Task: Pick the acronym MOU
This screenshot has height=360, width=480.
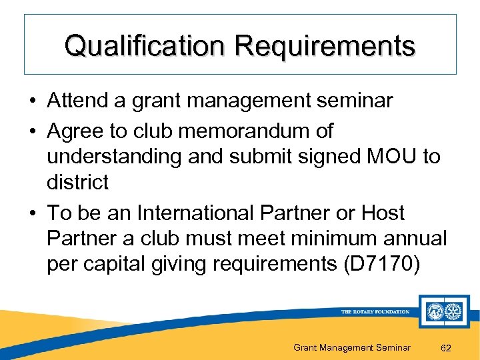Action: [388, 156]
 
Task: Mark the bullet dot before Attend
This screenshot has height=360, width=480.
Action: [32, 101]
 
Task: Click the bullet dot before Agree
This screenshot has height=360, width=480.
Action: [32, 131]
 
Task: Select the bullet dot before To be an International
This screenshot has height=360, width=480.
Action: [32, 214]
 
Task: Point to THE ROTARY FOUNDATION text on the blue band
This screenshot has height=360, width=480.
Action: [375, 311]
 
